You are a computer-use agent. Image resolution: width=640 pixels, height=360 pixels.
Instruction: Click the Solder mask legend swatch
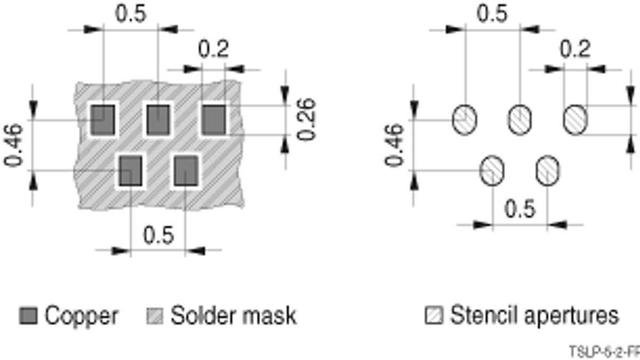coord(154,316)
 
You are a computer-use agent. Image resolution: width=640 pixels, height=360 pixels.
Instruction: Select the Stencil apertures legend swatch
coord(433,316)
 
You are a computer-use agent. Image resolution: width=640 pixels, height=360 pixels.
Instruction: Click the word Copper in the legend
coord(81,316)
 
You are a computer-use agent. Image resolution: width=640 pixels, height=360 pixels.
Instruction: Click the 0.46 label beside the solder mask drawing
coord(14,145)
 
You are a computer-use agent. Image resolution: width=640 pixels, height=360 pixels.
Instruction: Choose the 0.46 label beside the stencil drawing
coord(394,145)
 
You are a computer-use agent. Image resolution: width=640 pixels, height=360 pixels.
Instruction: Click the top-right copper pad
coord(213,119)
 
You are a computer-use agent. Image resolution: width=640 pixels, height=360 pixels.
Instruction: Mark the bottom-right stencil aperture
coord(547,171)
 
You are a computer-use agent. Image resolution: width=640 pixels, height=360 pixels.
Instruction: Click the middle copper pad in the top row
coord(158,119)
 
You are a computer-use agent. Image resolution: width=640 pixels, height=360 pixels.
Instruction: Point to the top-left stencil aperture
coord(465,119)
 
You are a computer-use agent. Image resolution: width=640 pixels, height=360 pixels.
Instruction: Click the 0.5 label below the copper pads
coord(159,235)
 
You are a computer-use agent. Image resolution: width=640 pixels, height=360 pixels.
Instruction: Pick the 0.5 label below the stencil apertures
coord(519,209)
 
